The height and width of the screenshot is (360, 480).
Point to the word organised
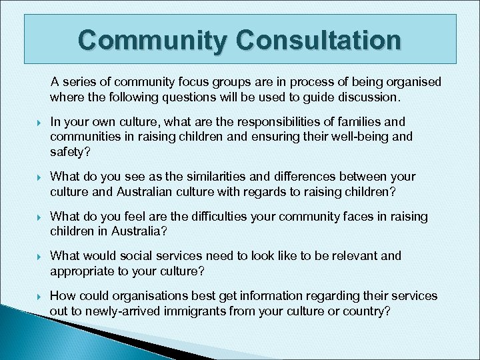pos(411,82)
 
